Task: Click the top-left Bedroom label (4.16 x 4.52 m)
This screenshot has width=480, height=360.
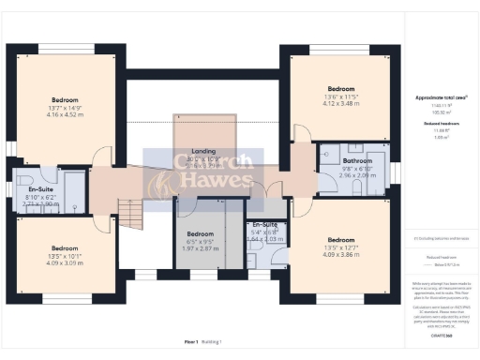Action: tap(65, 99)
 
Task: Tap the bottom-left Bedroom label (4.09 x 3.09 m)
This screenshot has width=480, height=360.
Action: tap(65, 248)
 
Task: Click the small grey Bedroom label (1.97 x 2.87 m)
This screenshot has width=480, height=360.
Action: tap(201, 233)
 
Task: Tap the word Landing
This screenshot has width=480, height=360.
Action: tap(204, 151)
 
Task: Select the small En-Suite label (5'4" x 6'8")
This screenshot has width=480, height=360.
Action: tap(263, 225)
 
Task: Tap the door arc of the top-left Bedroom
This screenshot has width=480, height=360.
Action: tap(103, 157)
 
